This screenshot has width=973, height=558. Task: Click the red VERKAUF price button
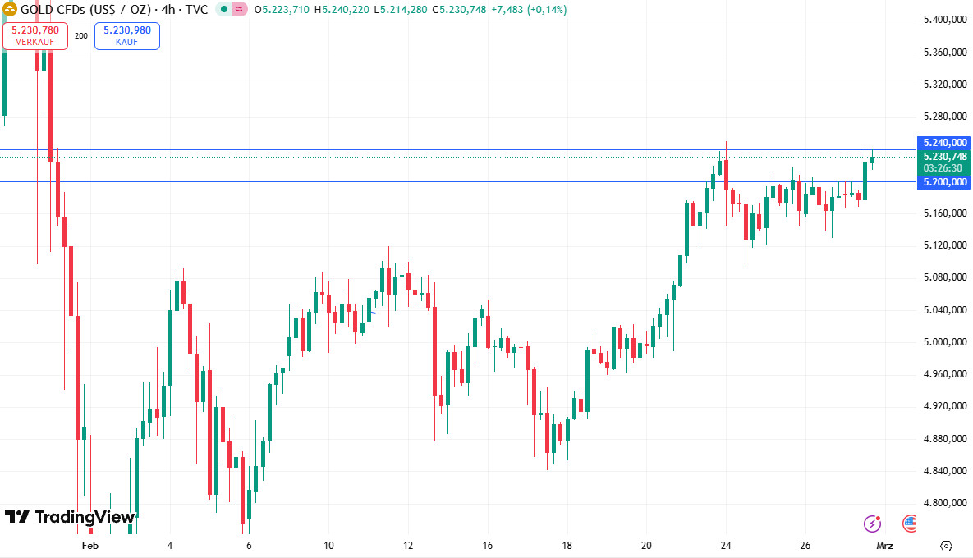pyautogui.click(x=34, y=35)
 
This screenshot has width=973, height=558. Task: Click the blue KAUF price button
pyautogui.click(x=127, y=35)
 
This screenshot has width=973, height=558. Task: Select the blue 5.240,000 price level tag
pyautogui.click(x=945, y=142)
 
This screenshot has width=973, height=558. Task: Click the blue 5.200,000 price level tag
pyautogui.click(x=945, y=181)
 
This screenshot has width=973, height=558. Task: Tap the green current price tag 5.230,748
pyautogui.click(x=945, y=157)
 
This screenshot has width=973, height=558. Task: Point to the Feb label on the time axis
pyautogui.click(x=90, y=546)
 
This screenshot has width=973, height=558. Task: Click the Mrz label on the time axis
pyautogui.click(x=884, y=546)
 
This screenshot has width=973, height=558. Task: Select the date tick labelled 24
pyautogui.click(x=726, y=546)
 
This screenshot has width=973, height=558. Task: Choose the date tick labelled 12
pyautogui.click(x=408, y=546)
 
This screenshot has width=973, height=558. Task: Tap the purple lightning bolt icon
pyautogui.click(x=872, y=523)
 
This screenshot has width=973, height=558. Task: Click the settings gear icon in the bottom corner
pyautogui.click(x=946, y=546)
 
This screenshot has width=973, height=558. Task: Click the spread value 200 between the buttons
pyautogui.click(x=81, y=36)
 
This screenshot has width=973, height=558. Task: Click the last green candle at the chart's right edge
pyautogui.click(x=872, y=159)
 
